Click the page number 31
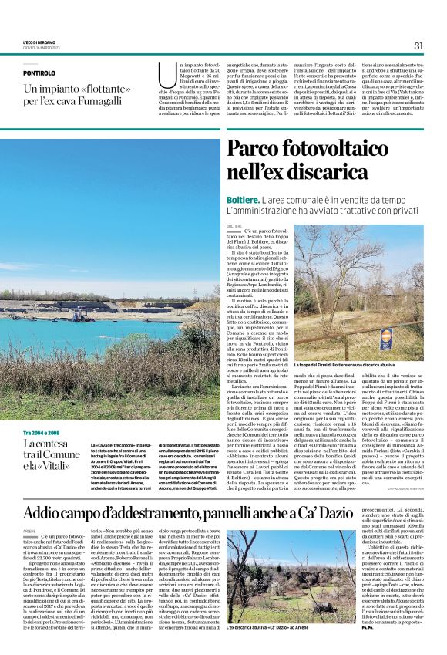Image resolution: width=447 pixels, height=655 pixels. [x=418, y=46]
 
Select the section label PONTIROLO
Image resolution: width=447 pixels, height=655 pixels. [x=39, y=73]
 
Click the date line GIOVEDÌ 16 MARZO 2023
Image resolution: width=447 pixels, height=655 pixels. [x=41, y=49]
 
